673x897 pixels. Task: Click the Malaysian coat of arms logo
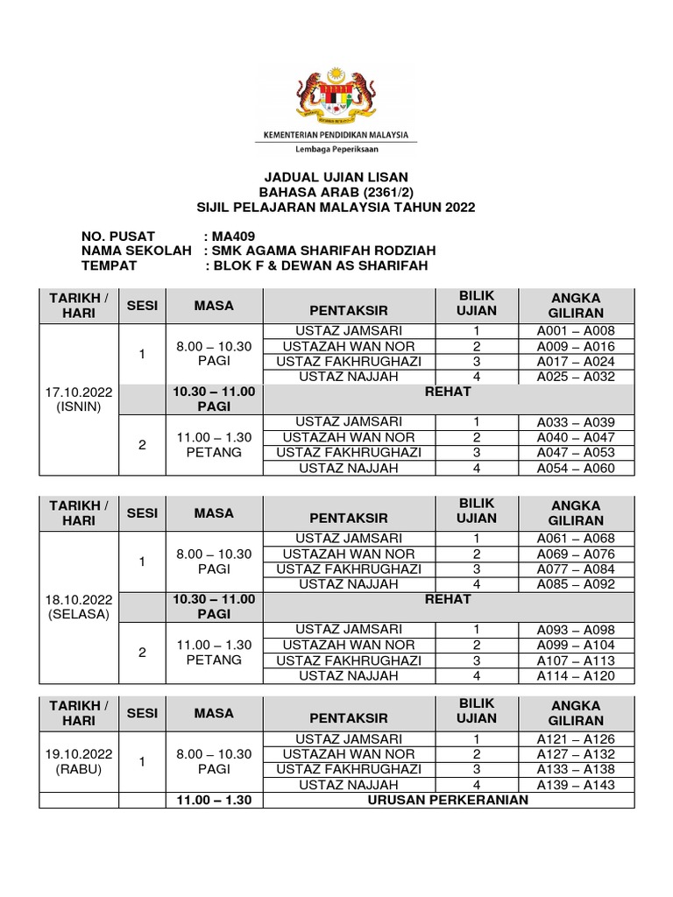click(x=336, y=93)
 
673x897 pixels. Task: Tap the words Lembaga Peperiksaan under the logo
click(x=336, y=150)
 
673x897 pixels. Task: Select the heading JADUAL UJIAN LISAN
click(x=336, y=178)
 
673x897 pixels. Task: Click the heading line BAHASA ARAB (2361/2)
click(x=336, y=193)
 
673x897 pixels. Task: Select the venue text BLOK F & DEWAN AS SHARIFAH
click(x=318, y=266)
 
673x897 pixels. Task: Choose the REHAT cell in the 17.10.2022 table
click(x=447, y=392)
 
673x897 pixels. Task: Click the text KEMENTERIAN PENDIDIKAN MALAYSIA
click(x=336, y=134)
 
